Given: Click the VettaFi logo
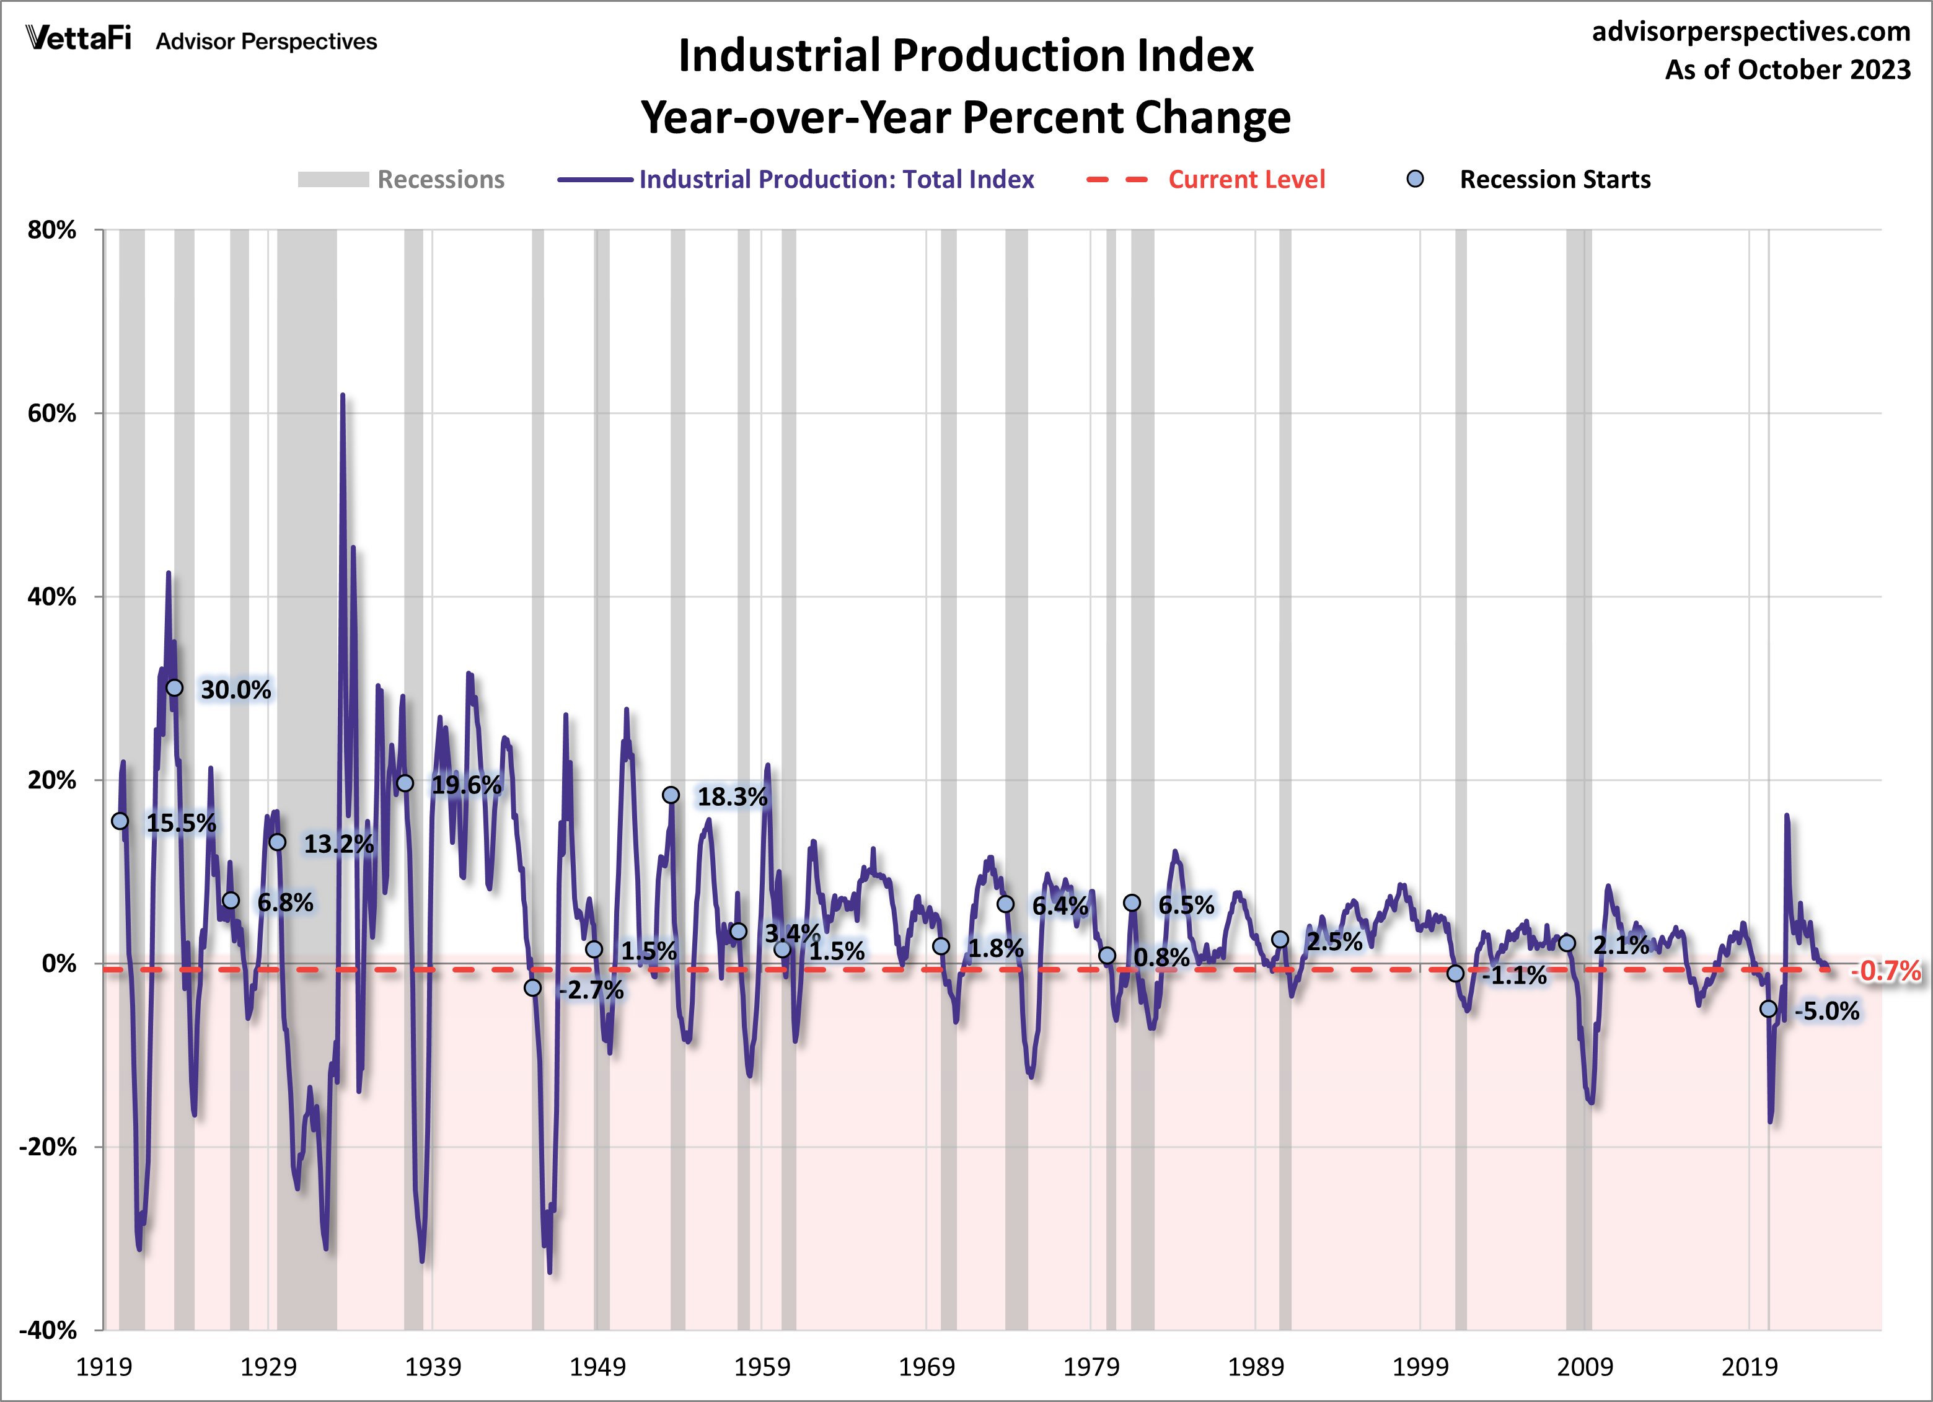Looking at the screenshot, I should click(x=79, y=38).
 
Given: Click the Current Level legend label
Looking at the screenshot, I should click(x=1246, y=180).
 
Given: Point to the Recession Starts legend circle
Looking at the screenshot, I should click(x=1415, y=179).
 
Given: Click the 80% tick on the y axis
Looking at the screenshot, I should click(x=52, y=230).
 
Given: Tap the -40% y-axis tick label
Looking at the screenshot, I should click(x=48, y=1330).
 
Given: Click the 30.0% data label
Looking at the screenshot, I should click(x=236, y=689).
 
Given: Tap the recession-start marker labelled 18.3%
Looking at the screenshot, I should click(x=671, y=795).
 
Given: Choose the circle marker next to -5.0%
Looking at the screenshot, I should click(x=1769, y=1009).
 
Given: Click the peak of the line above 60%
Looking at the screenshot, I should click(x=343, y=395).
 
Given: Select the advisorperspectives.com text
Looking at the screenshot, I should click(x=1751, y=32).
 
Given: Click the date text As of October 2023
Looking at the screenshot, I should click(x=1787, y=70).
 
